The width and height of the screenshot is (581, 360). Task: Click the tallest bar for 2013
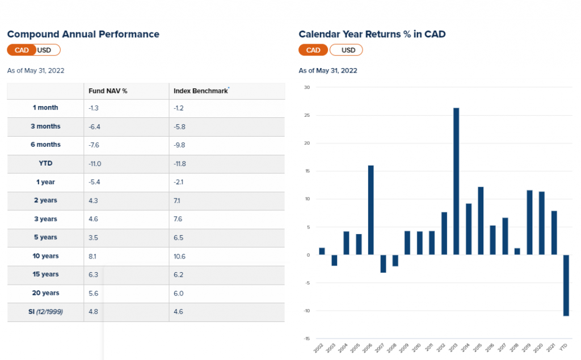[x=456, y=181]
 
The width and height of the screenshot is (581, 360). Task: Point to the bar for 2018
[x=517, y=251]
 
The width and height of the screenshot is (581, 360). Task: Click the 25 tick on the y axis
[x=307, y=116]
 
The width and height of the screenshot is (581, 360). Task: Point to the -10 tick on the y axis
[x=306, y=311]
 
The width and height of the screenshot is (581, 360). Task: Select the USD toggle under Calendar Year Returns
[x=348, y=50]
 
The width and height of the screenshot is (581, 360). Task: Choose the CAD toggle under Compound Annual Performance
[x=22, y=50]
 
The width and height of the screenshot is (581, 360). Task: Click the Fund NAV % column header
[x=108, y=91]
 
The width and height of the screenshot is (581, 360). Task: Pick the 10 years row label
[x=45, y=256]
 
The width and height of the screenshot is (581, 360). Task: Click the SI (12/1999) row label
[x=45, y=312]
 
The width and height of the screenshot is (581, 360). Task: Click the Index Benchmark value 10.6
[x=179, y=256]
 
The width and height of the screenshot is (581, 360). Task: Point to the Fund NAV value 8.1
[x=94, y=256]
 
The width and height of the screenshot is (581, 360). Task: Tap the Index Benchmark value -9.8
[x=179, y=145]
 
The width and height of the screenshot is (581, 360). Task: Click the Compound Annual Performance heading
[x=83, y=34]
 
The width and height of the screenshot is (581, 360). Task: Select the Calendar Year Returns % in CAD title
[x=372, y=34]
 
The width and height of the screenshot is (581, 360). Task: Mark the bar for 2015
[x=481, y=221]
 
